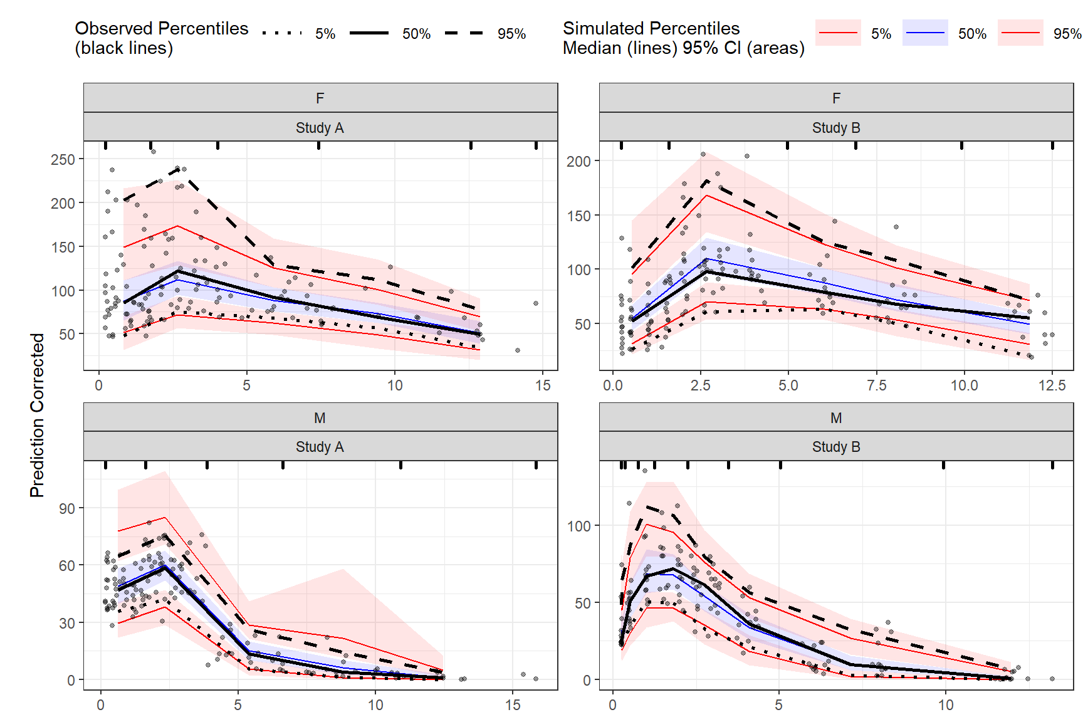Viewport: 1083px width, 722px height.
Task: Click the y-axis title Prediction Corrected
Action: pyautogui.click(x=38, y=415)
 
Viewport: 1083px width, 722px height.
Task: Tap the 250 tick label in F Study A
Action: pyautogui.click(x=63, y=159)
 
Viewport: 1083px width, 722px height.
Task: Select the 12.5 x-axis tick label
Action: pyautogui.click(x=1052, y=385)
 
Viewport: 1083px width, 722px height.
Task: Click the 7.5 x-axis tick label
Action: pyautogui.click(x=876, y=385)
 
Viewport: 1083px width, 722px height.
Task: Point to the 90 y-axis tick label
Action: pyautogui.click(x=66, y=508)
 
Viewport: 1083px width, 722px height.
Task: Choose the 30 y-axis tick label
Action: pyautogui.click(x=66, y=623)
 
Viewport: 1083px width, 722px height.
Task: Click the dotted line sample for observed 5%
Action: pyautogui.click(x=282, y=33)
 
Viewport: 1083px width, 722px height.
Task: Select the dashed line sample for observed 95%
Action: pyautogui.click(x=464, y=33)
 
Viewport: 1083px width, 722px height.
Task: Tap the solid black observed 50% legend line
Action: pyautogui.click(x=369, y=33)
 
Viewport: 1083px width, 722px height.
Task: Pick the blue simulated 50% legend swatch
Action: pyautogui.click(x=925, y=33)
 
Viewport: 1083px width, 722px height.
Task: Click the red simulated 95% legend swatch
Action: pyautogui.click(x=1020, y=33)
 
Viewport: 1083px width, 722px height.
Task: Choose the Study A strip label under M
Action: pyautogui.click(x=320, y=447)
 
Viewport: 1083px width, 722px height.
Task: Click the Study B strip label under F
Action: pyautogui.click(x=836, y=128)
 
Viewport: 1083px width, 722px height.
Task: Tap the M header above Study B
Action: pyautogui.click(x=836, y=418)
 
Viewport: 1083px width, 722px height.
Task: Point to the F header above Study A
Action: pyautogui.click(x=320, y=98)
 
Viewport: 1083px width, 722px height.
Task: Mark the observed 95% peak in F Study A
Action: pyautogui.click(x=178, y=169)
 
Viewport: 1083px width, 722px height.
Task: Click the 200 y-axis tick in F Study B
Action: pyautogui.click(x=578, y=161)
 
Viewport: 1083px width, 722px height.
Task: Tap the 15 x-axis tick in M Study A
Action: pyautogui.click(x=513, y=705)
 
